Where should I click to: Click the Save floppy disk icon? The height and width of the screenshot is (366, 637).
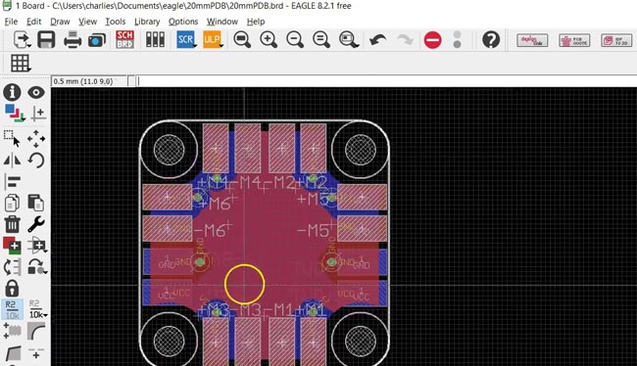[46, 40]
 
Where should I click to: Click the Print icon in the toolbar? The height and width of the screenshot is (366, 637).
[73, 40]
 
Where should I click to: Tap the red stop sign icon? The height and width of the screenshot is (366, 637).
[432, 40]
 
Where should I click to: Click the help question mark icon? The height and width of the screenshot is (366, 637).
[491, 40]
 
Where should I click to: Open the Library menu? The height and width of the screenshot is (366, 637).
[147, 21]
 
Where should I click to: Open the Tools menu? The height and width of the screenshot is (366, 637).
[115, 21]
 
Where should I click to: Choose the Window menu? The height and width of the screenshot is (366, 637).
[222, 21]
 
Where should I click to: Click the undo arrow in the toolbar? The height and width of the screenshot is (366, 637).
[378, 40]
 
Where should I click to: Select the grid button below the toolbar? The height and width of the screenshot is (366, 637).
[20, 63]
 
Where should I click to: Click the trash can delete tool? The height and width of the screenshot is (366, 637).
[13, 225]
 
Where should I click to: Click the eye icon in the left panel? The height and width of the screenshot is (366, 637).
[37, 92]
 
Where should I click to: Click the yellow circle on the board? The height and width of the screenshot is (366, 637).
[244, 284]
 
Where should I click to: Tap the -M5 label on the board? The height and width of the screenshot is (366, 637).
[316, 232]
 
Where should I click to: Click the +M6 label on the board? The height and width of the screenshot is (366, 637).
[216, 204]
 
